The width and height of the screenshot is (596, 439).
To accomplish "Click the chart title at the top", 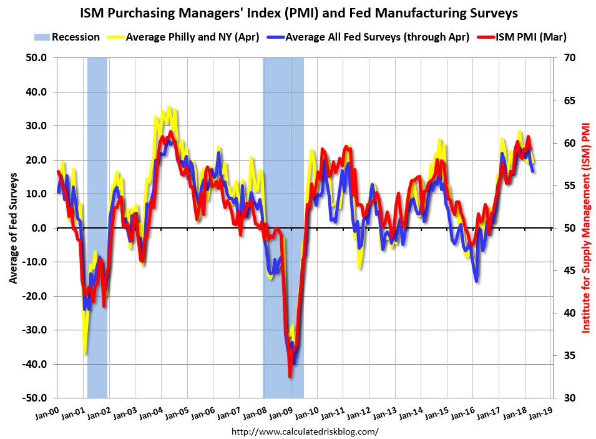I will tap(298, 12).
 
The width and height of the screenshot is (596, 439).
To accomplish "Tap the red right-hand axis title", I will tap(586, 227).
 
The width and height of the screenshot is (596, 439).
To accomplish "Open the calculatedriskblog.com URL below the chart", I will tap(305, 432).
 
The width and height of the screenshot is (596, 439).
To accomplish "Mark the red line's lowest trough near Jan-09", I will tap(290, 376).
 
